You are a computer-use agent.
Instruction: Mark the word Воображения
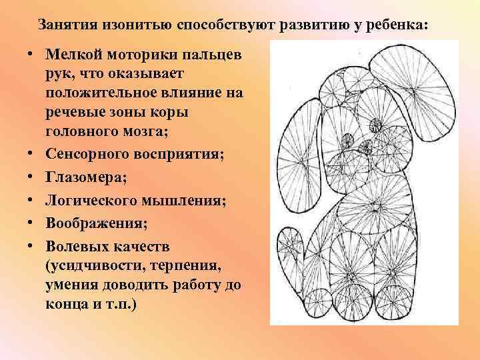(86, 220)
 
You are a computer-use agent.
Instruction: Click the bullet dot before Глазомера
(31, 177)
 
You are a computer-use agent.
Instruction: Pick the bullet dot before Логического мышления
(31, 199)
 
